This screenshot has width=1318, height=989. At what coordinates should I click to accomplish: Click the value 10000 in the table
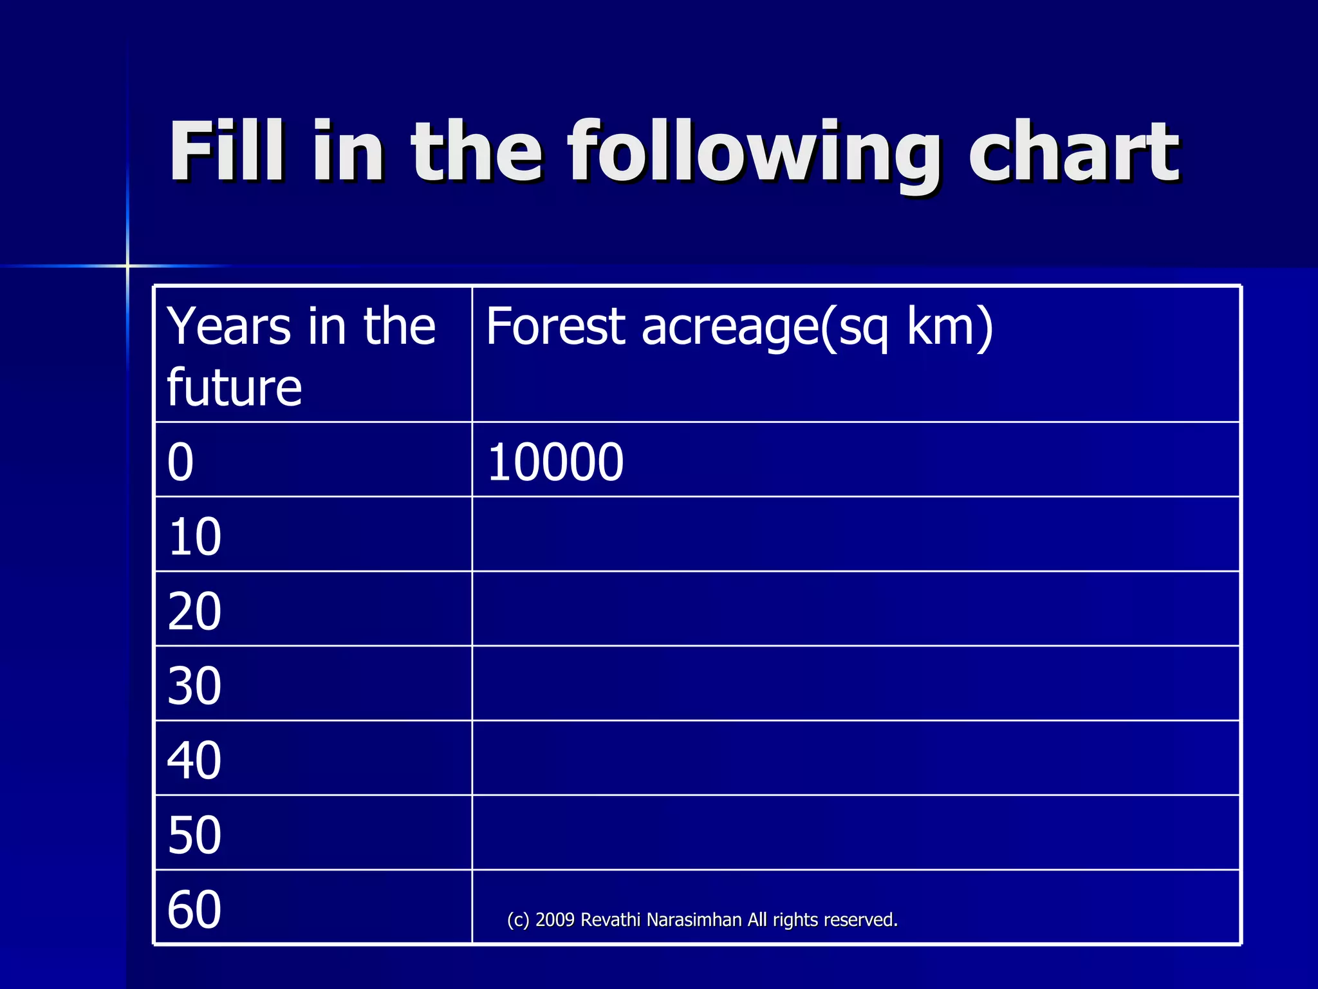coord(555,462)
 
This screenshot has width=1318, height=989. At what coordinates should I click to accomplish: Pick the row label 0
coord(180,462)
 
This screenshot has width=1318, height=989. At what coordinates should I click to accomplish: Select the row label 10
coord(194,536)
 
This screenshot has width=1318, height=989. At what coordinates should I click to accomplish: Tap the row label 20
coord(194,611)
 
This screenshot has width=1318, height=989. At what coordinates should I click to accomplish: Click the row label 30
coord(194,686)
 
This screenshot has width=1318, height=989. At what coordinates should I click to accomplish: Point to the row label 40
coord(194,760)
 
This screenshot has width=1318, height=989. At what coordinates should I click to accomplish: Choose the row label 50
coord(194,835)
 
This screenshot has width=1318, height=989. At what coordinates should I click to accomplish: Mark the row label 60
coord(194,909)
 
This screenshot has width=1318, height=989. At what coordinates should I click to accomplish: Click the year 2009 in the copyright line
coord(555,919)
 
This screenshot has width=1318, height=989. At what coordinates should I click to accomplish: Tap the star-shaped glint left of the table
coord(127,265)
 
